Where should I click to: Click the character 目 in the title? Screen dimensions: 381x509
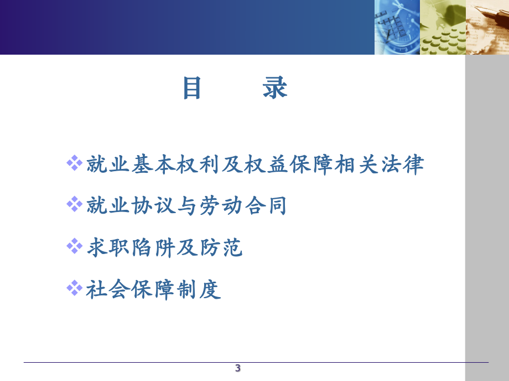pyautogui.click(x=192, y=88)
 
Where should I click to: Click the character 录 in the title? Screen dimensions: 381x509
pyautogui.click(x=275, y=88)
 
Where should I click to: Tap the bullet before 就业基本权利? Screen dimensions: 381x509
pyautogui.click(x=74, y=163)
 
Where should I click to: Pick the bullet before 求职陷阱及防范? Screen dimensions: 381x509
pyautogui.click(x=74, y=246)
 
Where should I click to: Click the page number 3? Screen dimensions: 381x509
pyautogui.click(x=238, y=368)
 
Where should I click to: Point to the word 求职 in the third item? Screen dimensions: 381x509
pyautogui.click(x=108, y=247)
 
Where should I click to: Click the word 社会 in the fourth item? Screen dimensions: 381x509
pyautogui.click(x=108, y=289)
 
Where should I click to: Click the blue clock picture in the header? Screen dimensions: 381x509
pyautogui.click(x=397, y=27)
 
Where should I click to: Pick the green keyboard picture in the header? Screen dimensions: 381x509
pyautogui.click(x=443, y=27)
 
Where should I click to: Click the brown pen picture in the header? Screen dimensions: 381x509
pyautogui.click(x=487, y=27)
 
